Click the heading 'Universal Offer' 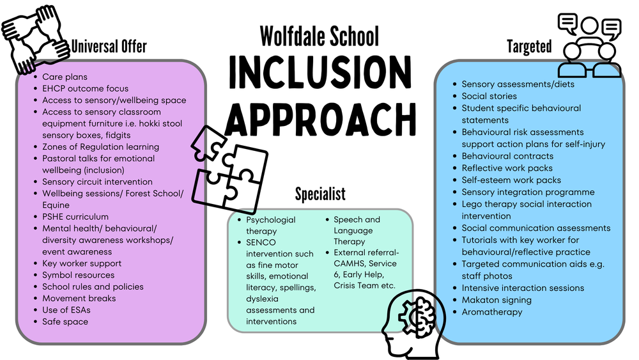(109, 46)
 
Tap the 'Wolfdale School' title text (319, 36)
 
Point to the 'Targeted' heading (529, 46)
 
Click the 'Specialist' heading (320, 193)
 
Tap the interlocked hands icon (35, 40)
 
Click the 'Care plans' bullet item (65, 77)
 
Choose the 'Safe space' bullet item (65, 322)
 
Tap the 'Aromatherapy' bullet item (491, 312)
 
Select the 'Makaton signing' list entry (497, 300)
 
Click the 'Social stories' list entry (489, 96)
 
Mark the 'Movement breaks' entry (79, 299)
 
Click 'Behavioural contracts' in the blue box (507, 156)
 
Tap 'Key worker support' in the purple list (82, 263)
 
